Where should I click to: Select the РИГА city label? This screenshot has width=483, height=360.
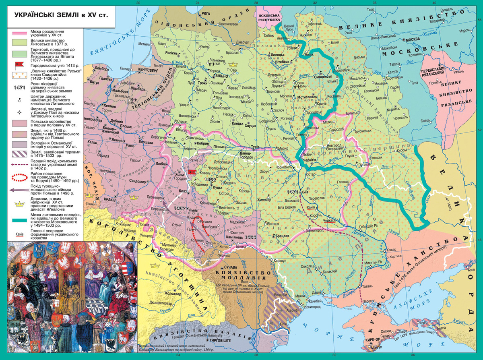click(206, 13)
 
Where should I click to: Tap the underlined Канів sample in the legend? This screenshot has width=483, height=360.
click(17, 235)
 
